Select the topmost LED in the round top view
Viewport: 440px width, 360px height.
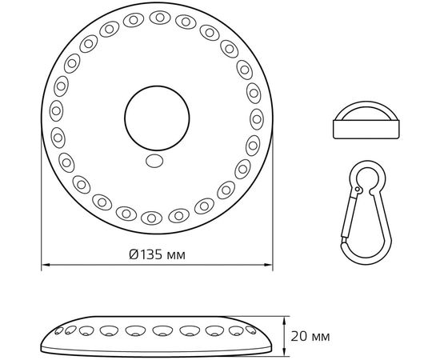[158, 16]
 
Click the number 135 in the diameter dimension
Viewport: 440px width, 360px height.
[152, 255]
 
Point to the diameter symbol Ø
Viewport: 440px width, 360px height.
[133, 255]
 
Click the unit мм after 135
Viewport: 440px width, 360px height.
[178, 255]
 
